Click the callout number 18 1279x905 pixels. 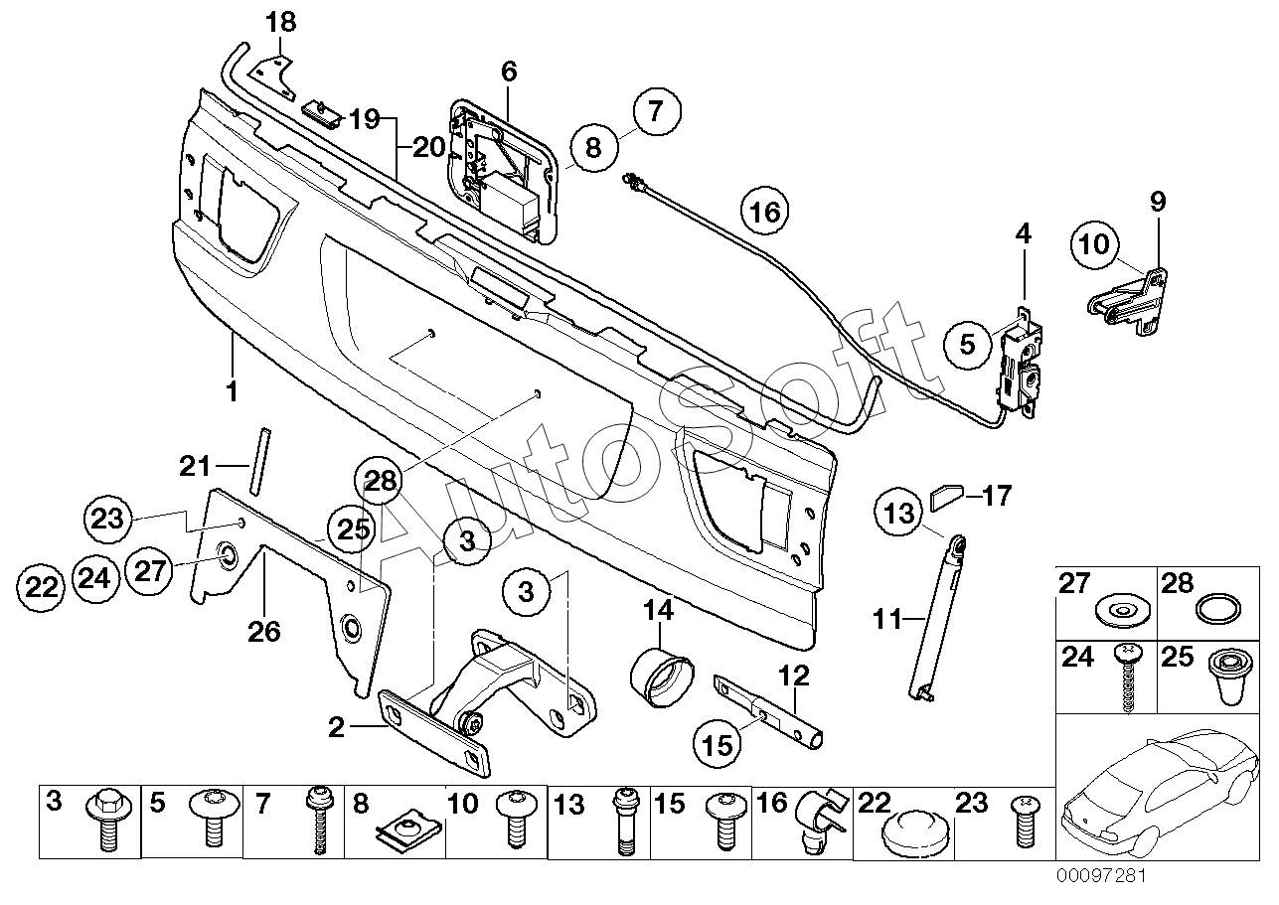pos(281,23)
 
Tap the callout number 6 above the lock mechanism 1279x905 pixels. pos(509,72)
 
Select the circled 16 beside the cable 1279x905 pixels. pos(764,212)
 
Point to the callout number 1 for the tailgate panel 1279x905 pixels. pos(232,391)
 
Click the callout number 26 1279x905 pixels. pos(264,632)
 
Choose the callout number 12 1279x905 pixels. pos(794,676)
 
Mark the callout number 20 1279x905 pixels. pos(428,148)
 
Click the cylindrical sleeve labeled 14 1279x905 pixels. pos(662,677)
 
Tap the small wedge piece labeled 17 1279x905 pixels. pos(947,497)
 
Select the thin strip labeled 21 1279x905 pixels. pos(259,462)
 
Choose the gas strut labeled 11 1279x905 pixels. pos(935,620)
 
